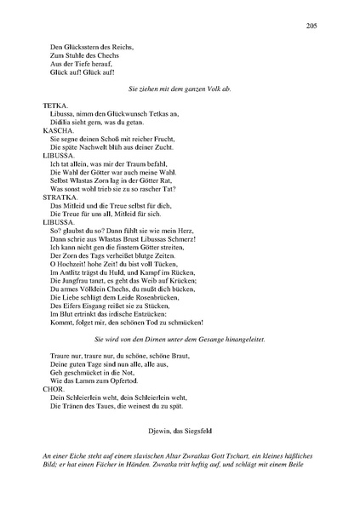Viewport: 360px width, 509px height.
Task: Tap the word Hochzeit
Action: (74, 263)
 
